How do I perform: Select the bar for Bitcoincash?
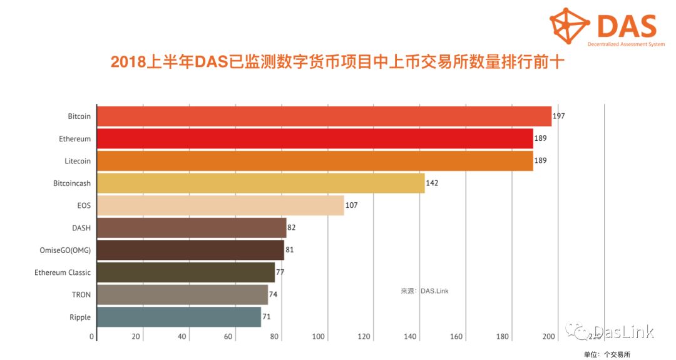click(261, 183)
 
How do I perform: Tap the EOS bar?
click(220, 205)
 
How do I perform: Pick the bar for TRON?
click(183, 295)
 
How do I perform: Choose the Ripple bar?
click(179, 317)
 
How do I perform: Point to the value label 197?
click(558, 116)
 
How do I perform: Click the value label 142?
click(431, 183)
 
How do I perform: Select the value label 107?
click(351, 205)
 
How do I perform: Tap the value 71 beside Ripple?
click(267, 317)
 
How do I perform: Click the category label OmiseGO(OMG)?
click(65, 250)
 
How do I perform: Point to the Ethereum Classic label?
click(63, 272)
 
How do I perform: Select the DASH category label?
click(81, 228)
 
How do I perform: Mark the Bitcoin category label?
click(79, 116)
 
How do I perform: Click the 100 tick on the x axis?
click(318, 337)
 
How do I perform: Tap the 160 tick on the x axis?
click(456, 337)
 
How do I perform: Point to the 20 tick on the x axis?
click(136, 337)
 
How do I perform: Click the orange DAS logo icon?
click(570, 25)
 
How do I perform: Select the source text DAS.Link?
click(434, 291)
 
